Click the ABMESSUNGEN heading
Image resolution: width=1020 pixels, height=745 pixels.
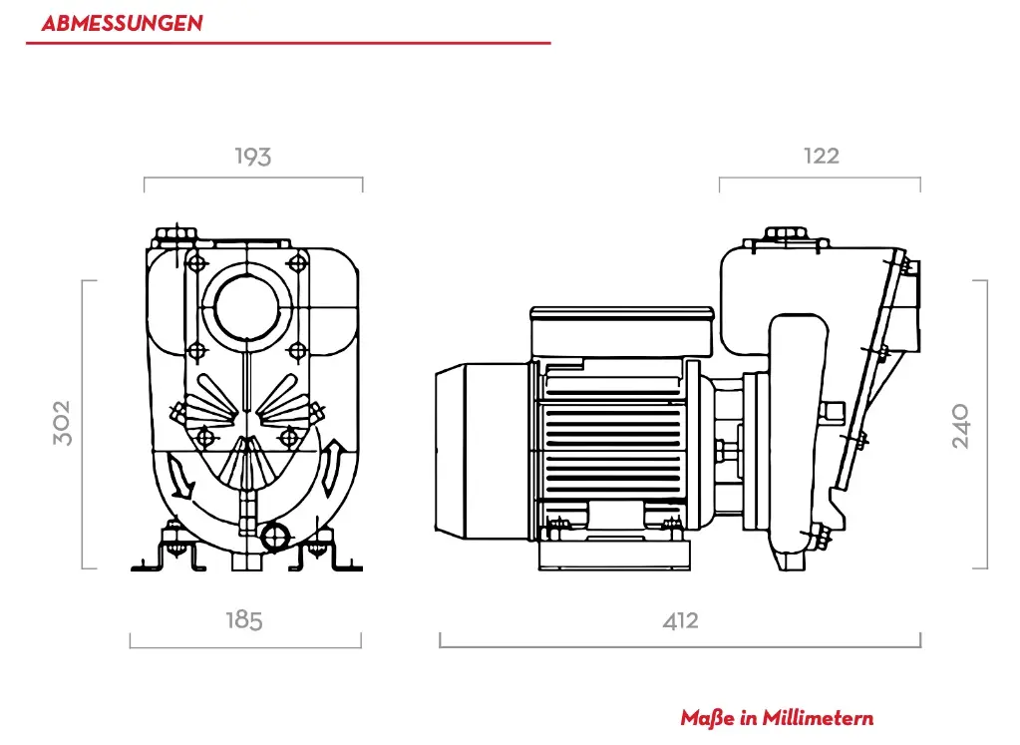coord(121,23)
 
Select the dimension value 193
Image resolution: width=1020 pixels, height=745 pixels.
coord(253,157)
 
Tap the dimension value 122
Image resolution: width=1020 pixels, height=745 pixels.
coord(821,156)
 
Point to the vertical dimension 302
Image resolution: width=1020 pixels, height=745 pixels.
coord(63,423)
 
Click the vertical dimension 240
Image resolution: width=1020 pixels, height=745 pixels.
coord(960,426)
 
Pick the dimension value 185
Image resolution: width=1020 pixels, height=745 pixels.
coord(244,620)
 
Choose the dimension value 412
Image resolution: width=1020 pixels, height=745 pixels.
coord(680,620)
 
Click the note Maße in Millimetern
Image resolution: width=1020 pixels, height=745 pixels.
coord(777,718)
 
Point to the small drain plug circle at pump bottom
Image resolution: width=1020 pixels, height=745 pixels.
coord(272,538)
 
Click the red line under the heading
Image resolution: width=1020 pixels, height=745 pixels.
coord(288,43)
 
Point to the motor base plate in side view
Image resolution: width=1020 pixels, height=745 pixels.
coord(614,555)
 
